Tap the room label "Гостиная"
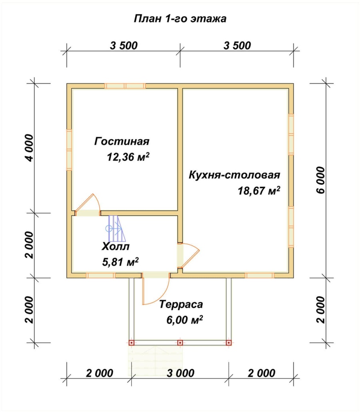122,142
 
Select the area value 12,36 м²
128,156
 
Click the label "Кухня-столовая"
234,175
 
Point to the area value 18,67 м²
258,191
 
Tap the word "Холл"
116,246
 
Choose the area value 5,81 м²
120,262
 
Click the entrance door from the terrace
156,288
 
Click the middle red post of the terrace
180,343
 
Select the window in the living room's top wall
125,86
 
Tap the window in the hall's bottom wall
100,275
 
